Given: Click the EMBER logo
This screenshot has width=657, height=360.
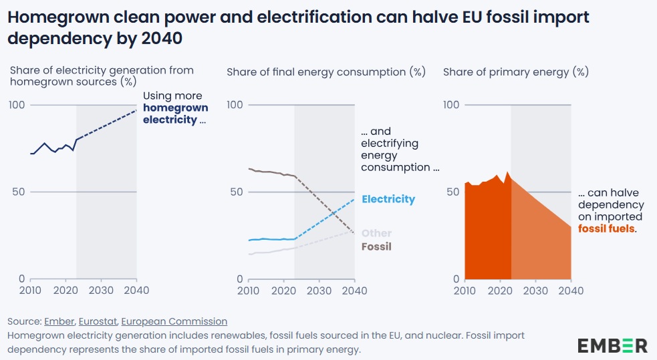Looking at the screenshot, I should (612, 345).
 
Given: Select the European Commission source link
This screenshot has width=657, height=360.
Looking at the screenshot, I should (174, 321).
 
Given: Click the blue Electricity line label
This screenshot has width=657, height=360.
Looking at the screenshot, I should (388, 199).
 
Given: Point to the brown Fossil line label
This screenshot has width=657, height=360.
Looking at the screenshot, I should (376, 246).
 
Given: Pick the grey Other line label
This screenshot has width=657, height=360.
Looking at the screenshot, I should (376, 233).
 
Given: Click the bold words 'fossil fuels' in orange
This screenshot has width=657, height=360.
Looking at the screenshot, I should (606, 228).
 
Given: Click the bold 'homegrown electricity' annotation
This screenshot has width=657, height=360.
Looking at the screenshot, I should (175, 114).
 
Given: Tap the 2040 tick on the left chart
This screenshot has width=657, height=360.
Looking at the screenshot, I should (136, 291).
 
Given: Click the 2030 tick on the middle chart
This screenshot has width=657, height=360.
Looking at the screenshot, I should (319, 291).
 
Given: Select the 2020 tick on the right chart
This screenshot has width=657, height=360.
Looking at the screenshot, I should (499, 291).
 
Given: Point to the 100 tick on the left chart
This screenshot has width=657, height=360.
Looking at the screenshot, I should (17, 105).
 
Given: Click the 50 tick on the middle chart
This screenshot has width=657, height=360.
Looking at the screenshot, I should (235, 192).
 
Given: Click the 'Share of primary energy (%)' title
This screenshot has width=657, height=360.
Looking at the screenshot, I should (515, 72).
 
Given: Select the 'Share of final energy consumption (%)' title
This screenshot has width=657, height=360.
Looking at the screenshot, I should (326, 72).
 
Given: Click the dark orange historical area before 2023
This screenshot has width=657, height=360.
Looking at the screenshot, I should (487, 234).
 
